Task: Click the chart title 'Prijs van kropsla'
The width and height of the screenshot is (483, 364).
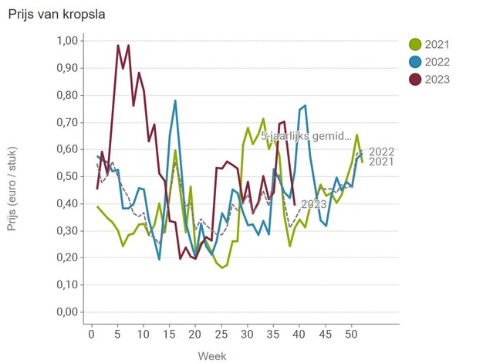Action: tap(56, 15)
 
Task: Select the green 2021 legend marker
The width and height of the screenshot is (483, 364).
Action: tap(415, 44)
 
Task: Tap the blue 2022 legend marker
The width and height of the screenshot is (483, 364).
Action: tap(415, 62)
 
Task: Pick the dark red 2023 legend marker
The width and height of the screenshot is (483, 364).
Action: tap(415, 80)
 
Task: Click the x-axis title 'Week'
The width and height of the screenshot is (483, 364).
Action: tap(211, 355)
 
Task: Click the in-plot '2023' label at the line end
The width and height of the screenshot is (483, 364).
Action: tap(313, 204)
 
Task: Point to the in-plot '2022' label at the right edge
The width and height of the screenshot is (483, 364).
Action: tap(382, 151)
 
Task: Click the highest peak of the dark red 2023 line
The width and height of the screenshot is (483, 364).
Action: tap(118, 46)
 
